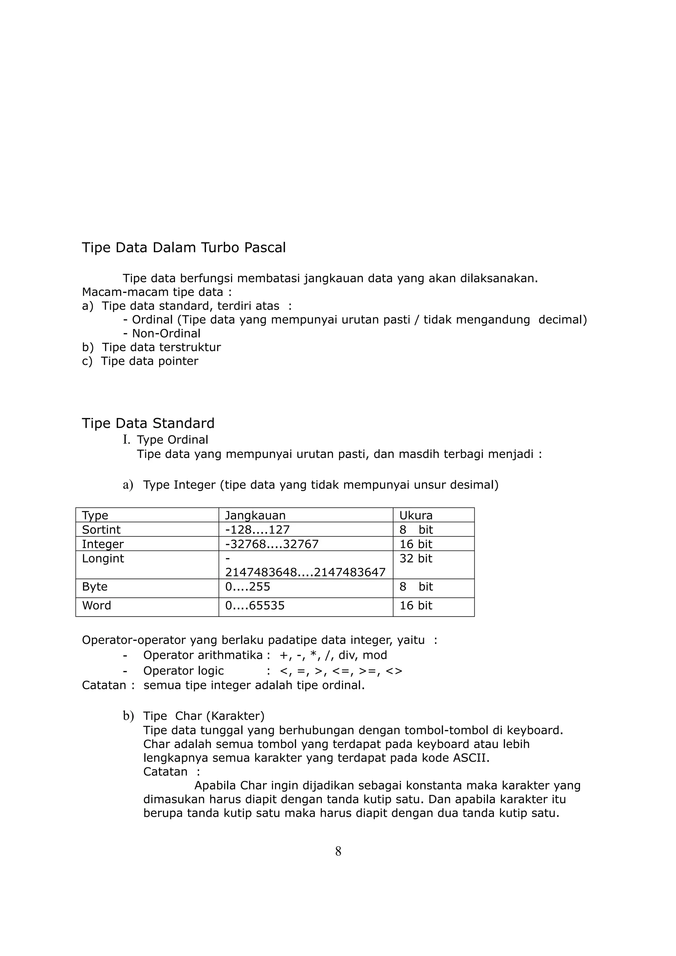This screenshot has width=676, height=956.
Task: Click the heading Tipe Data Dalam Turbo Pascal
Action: coord(184,248)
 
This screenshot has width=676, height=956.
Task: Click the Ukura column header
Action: coord(416,516)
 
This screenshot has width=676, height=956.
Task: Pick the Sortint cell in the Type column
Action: coord(101,530)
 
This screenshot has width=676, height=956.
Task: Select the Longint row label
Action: coord(103,558)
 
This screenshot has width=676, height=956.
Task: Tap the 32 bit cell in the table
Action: coord(416,558)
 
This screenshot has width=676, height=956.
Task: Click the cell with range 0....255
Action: coord(248,587)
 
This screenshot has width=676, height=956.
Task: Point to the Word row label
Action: coord(97,605)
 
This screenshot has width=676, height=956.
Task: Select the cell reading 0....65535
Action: coord(254,605)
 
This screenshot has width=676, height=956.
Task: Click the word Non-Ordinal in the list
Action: coord(166,334)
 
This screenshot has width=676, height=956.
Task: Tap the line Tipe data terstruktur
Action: coord(161,347)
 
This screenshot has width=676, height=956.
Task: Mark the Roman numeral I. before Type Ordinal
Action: coord(126,440)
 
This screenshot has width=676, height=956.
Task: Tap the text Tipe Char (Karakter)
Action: coord(204,716)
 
